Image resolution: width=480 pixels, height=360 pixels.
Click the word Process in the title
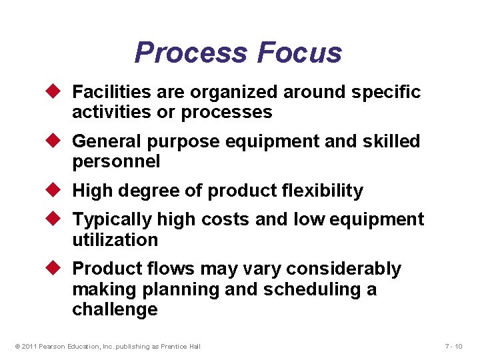(191, 53)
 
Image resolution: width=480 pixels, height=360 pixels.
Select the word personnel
(116, 162)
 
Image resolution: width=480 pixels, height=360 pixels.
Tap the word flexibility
(323, 191)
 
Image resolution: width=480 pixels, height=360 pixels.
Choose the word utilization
(115, 240)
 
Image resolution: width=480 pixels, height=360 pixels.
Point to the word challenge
(115, 310)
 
